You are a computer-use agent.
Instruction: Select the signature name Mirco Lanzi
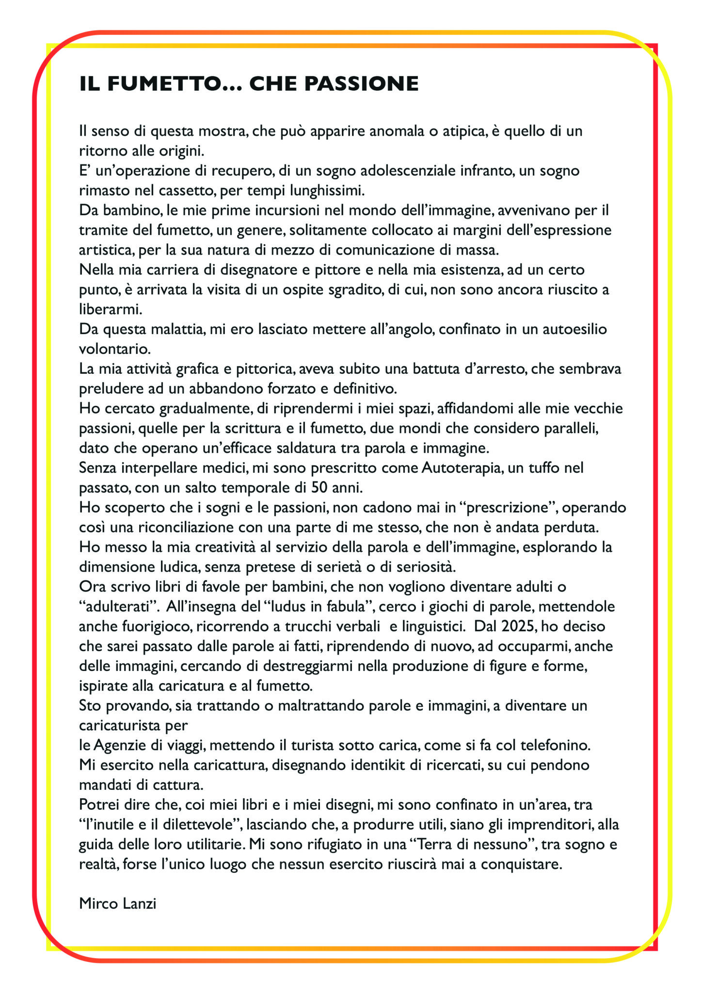click(118, 903)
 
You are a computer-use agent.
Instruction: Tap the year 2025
click(517, 626)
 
